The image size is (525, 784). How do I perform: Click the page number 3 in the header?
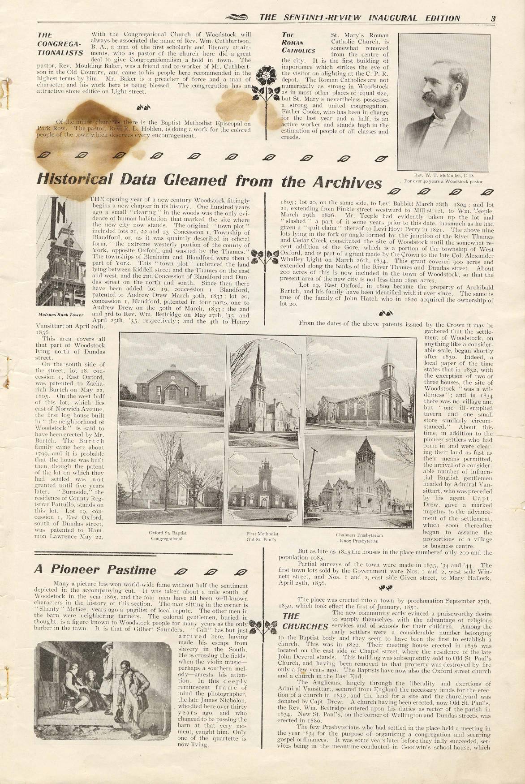tap(493, 18)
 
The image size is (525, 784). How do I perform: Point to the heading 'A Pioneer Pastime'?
tap(95, 570)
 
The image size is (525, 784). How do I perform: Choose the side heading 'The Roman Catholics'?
tap(298, 43)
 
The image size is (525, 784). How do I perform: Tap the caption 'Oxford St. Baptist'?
tap(168, 533)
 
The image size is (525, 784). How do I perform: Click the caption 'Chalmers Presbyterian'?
tap(359, 535)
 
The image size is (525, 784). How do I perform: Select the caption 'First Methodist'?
tap(262, 534)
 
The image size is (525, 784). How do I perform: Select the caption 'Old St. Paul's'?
tap(262, 540)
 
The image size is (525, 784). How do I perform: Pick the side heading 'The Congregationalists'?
tap(60, 43)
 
